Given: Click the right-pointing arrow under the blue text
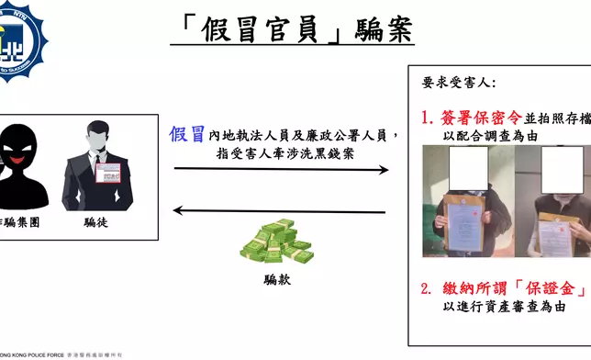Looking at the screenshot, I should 280,169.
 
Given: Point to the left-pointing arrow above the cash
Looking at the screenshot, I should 280,211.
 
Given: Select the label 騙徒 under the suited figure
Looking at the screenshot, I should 96,221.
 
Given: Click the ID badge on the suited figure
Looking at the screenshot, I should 111,173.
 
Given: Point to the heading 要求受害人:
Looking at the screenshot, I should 458,83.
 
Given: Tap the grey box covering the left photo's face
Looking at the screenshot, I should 470,166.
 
